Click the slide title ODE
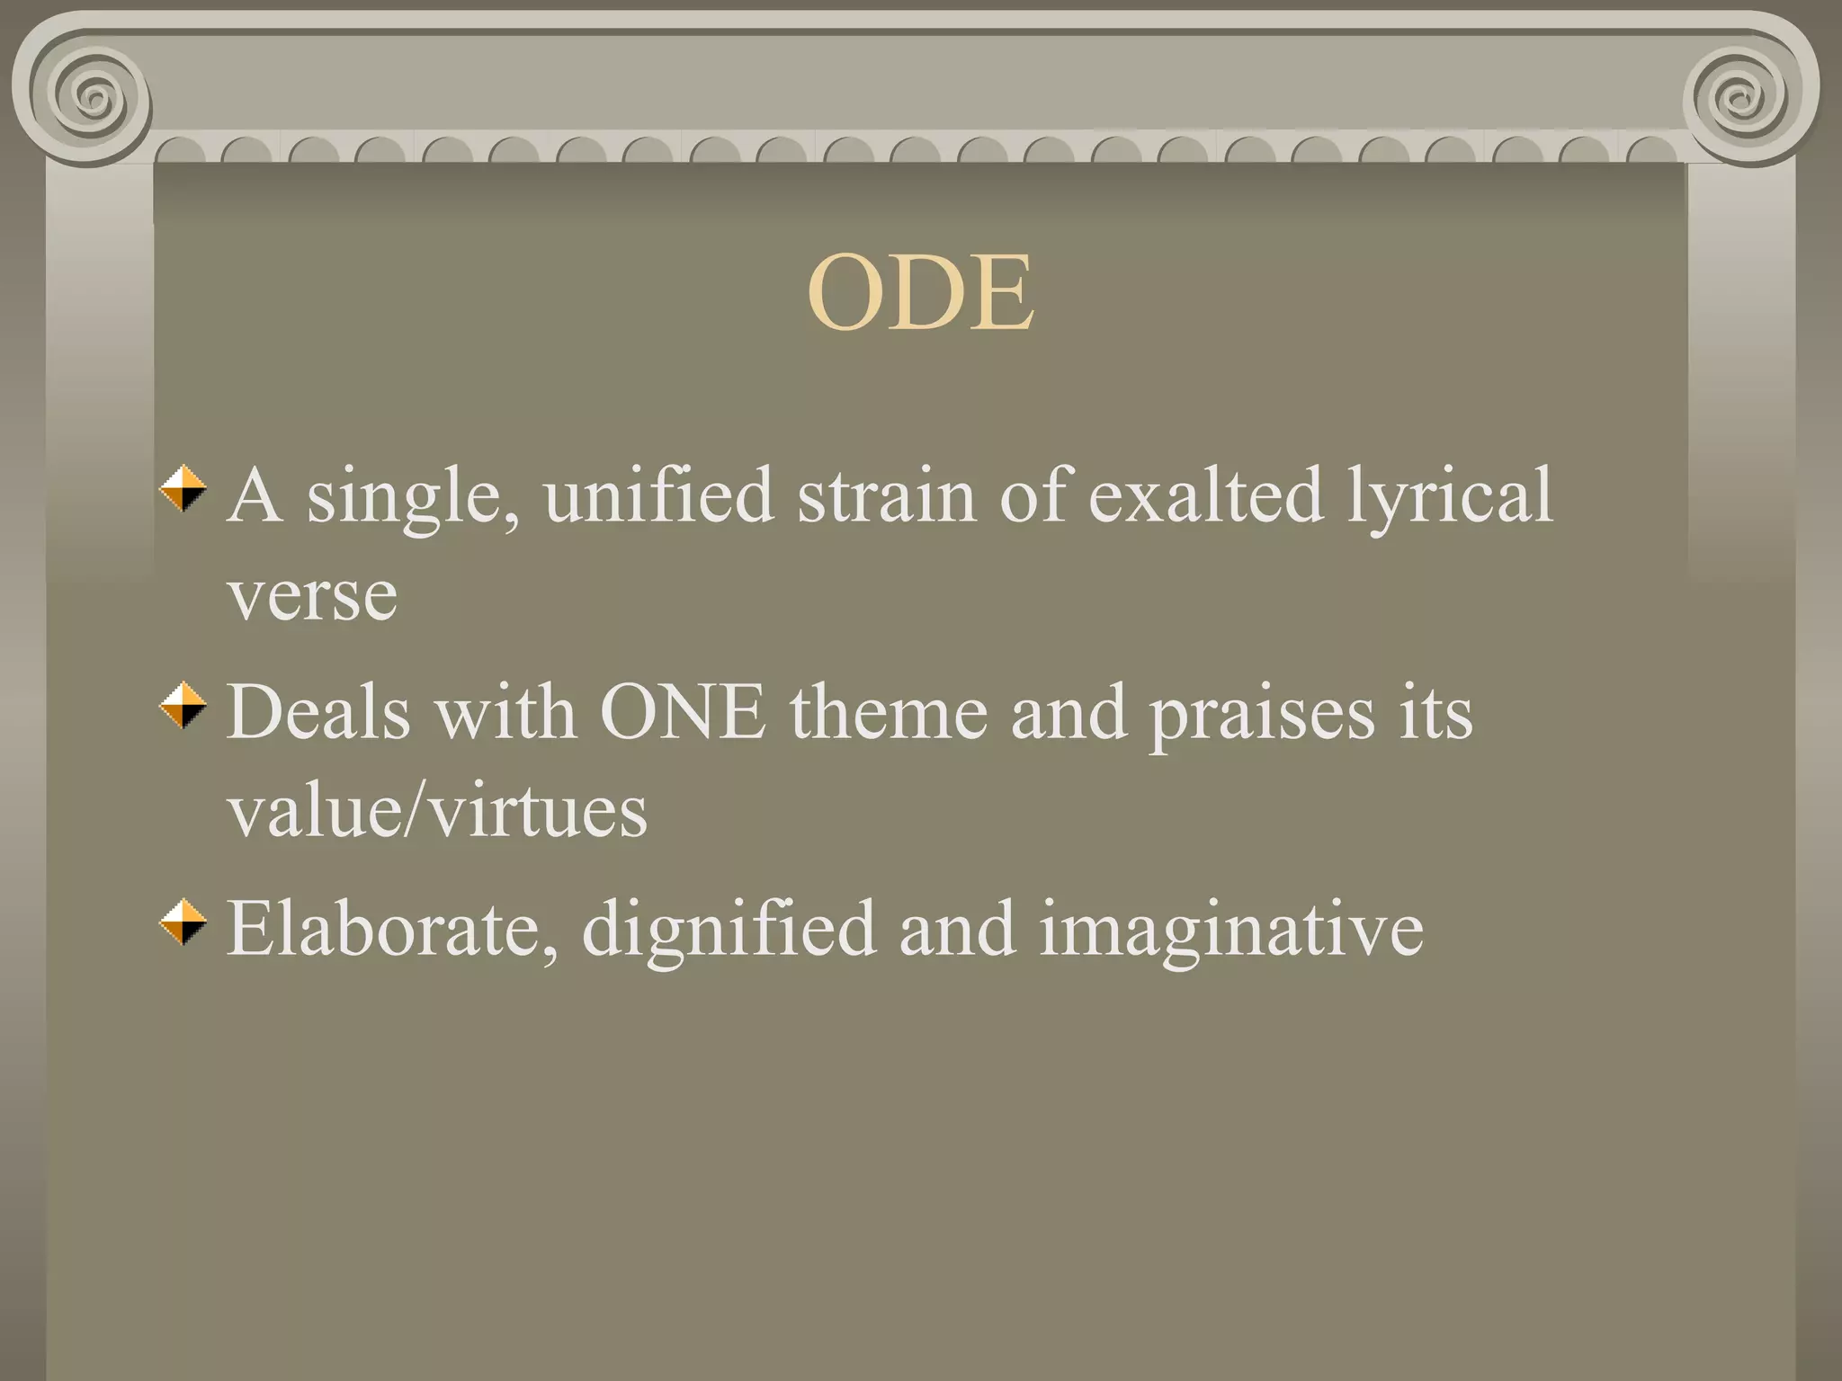click(920, 293)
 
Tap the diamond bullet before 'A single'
click(183, 488)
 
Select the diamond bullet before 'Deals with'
click(183, 706)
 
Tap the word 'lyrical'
click(1449, 497)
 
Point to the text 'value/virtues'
click(437, 811)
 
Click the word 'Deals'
click(319, 712)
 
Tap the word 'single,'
click(413, 497)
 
